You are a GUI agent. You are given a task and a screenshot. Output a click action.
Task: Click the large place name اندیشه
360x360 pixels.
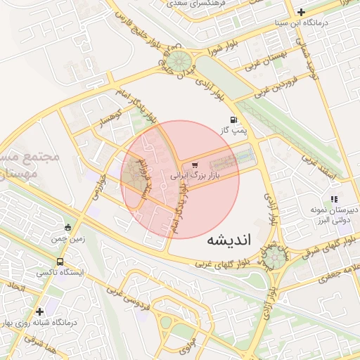(x=229, y=240)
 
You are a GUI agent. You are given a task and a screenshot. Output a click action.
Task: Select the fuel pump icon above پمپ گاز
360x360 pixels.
(x=233, y=120)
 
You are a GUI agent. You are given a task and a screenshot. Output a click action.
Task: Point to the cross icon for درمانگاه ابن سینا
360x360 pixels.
(x=301, y=12)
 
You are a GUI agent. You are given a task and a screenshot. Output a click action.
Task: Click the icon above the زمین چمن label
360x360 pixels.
(x=68, y=226)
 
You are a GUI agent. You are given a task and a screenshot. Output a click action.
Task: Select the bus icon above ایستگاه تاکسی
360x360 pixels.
(x=59, y=261)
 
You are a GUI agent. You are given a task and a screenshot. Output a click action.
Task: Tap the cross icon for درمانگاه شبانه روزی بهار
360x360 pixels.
(x=39, y=311)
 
